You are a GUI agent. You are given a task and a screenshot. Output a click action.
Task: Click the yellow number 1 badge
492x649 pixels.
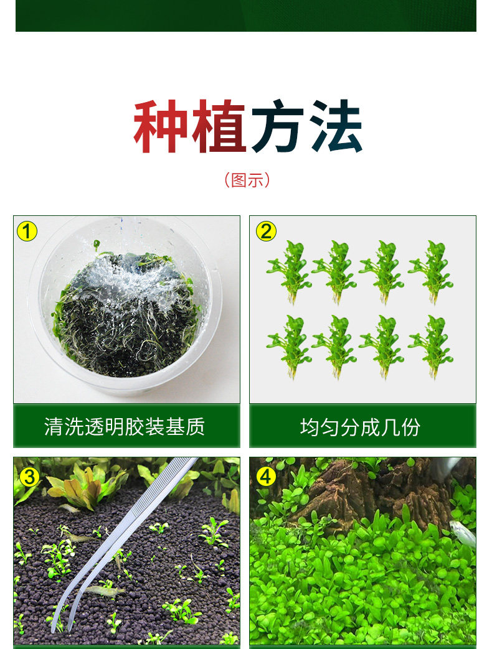click(x=27, y=231)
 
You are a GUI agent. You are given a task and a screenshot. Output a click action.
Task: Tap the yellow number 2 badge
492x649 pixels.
click(x=267, y=231)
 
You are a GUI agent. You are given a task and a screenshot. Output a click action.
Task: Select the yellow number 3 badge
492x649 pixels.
click(x=29, y=477)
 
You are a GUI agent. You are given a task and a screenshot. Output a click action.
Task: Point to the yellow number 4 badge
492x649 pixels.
click(x=266, y=477)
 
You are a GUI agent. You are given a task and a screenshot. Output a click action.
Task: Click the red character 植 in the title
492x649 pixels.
click(x=219, y=126)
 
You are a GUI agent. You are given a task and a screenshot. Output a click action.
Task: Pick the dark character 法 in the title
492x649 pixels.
click(x=336, y=126)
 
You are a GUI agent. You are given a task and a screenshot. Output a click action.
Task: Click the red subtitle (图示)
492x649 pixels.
click(x=247, y=180)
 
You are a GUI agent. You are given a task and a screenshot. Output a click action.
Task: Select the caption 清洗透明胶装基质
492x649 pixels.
click(x=125, y=427)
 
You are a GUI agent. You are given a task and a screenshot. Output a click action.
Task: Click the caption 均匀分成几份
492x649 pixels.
click(x=361, y=427)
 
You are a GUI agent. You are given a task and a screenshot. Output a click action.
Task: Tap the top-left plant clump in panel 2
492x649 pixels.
click(x=290, y=272)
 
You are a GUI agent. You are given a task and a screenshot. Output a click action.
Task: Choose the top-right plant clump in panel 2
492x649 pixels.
click(x=431, y=272)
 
